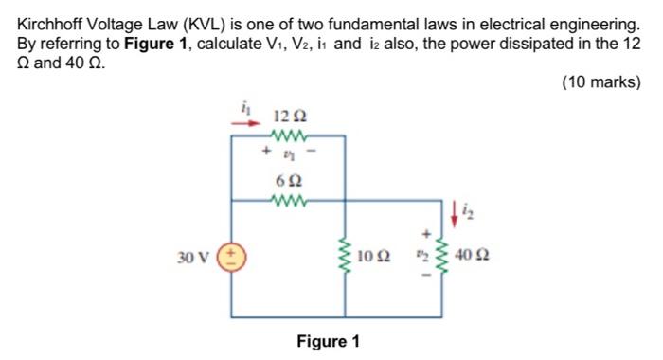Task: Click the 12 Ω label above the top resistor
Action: [286, 117]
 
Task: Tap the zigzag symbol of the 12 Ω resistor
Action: [286, 135]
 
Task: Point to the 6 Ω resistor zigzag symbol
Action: [286, 200]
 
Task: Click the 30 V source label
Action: [193, 256]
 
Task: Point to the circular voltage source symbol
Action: [231, 256]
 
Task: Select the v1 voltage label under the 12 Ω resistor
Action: [287, 151]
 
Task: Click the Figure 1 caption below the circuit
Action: [328, 341]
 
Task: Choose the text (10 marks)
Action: [601, 82]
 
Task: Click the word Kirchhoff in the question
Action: [51, 21]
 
